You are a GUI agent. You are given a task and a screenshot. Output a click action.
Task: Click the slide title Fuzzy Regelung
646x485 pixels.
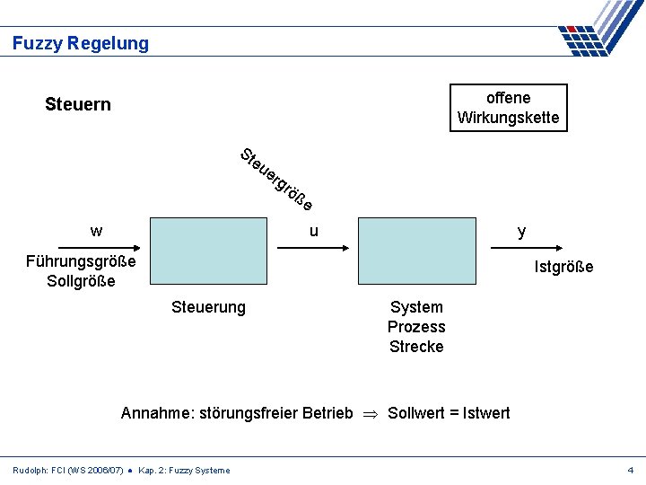[x=81, y=43]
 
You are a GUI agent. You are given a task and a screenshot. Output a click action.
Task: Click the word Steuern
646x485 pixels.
[x=78, y=104]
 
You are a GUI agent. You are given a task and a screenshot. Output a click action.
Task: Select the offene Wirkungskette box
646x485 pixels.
[x=508, y=108]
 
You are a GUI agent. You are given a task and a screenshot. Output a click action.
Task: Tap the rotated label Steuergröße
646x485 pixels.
[x=276, y=178]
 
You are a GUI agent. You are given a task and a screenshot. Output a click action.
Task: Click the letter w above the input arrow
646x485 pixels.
[x=96, y=231]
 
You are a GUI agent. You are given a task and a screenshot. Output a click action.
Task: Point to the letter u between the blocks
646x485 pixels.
[x=313, y=231]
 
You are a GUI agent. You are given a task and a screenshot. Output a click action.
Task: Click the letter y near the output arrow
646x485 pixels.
[x=521, y=232]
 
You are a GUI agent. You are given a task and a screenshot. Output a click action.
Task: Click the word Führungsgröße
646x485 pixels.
[x=81, y=261]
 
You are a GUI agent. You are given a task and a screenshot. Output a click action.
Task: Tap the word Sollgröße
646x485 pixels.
[x=81, y=281]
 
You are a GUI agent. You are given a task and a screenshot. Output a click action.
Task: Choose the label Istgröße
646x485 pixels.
[x=563, y=267]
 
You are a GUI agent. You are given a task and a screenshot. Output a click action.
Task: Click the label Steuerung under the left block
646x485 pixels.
[x=208, y=307]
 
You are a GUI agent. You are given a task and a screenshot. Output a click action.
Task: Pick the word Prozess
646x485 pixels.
[x=416, y=327]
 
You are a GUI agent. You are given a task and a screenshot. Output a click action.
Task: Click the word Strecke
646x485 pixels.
[x=416, y=347]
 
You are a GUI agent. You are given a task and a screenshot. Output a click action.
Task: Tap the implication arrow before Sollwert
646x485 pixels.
[x=370, y=414]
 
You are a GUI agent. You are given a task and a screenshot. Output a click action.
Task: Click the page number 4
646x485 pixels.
[x=631, y=470]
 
